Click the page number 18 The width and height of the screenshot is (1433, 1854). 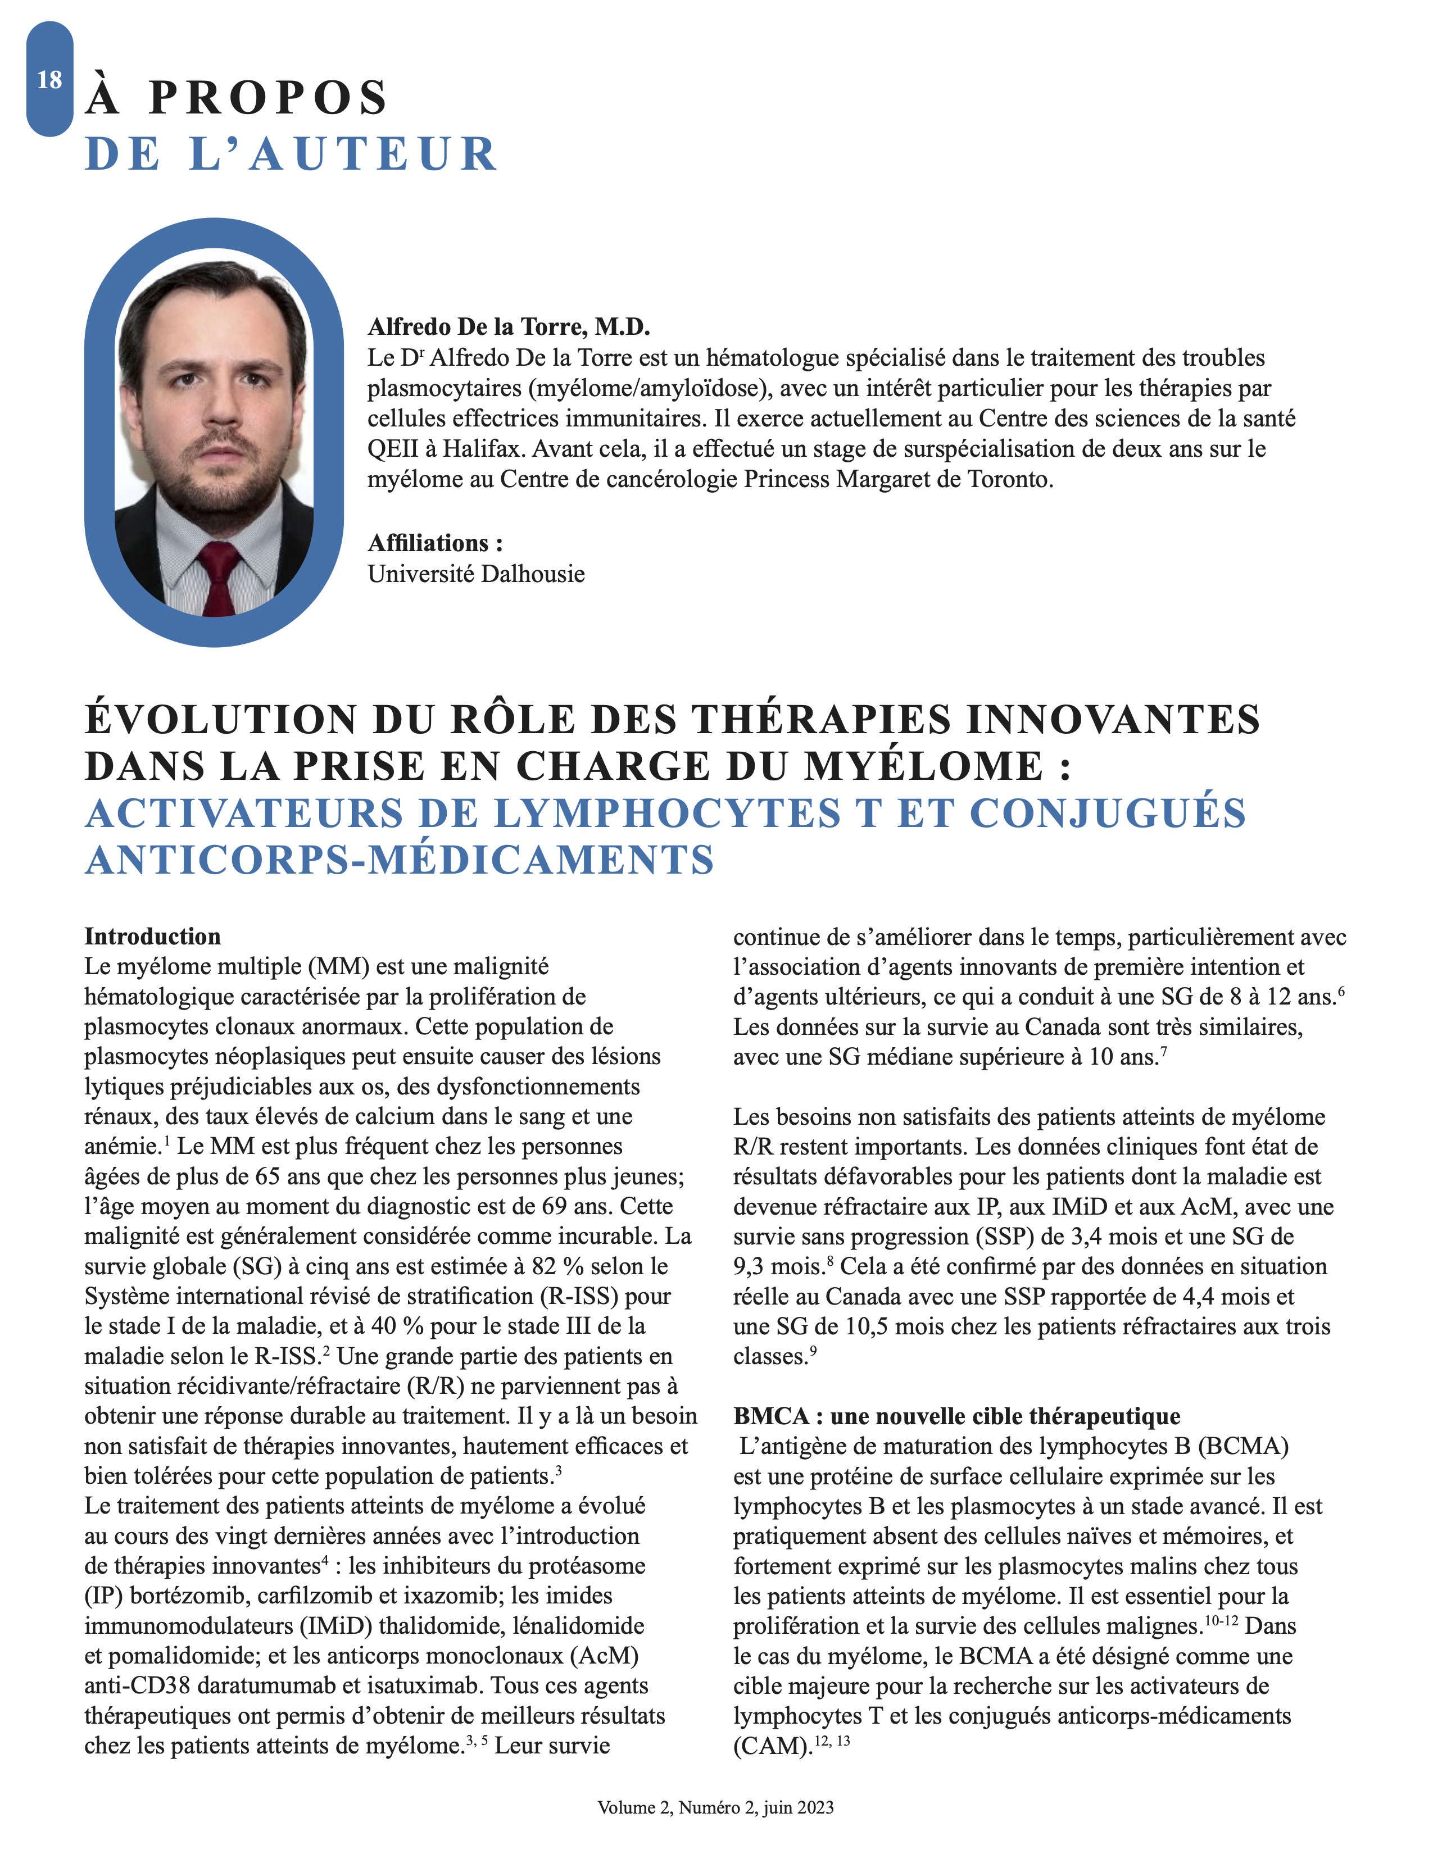tap(49, 80)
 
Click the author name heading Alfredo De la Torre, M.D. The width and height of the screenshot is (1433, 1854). tap(509, 327)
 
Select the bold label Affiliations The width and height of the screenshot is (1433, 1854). tap(434, 543)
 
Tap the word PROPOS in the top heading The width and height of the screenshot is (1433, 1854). tap(268, 98)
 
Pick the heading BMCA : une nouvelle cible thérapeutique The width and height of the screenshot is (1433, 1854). tap(957, 1416)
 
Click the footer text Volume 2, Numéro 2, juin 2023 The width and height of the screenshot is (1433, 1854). tap(715, 1807)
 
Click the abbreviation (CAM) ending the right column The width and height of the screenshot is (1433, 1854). tap(770, 1746)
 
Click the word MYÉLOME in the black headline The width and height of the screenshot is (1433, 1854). tap(924, 766)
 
